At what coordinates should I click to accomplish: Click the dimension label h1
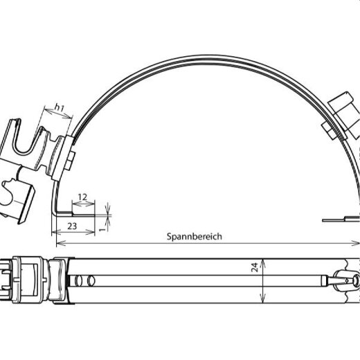click(x=59, y=108)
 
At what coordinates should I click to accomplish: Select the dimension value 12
click(x=82, y=198)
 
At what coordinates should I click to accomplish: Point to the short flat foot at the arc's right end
click(x=339, y=219)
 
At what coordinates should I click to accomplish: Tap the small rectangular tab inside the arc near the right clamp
click(x=325, y=129)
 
